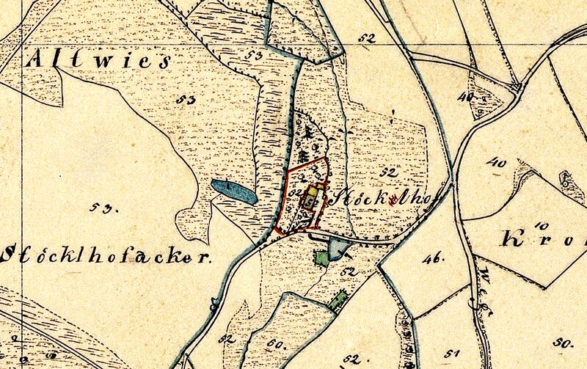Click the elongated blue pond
pyautogui.click(x=233, y=191)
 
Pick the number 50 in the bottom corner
pyautogui.click(x=563, y=343)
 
